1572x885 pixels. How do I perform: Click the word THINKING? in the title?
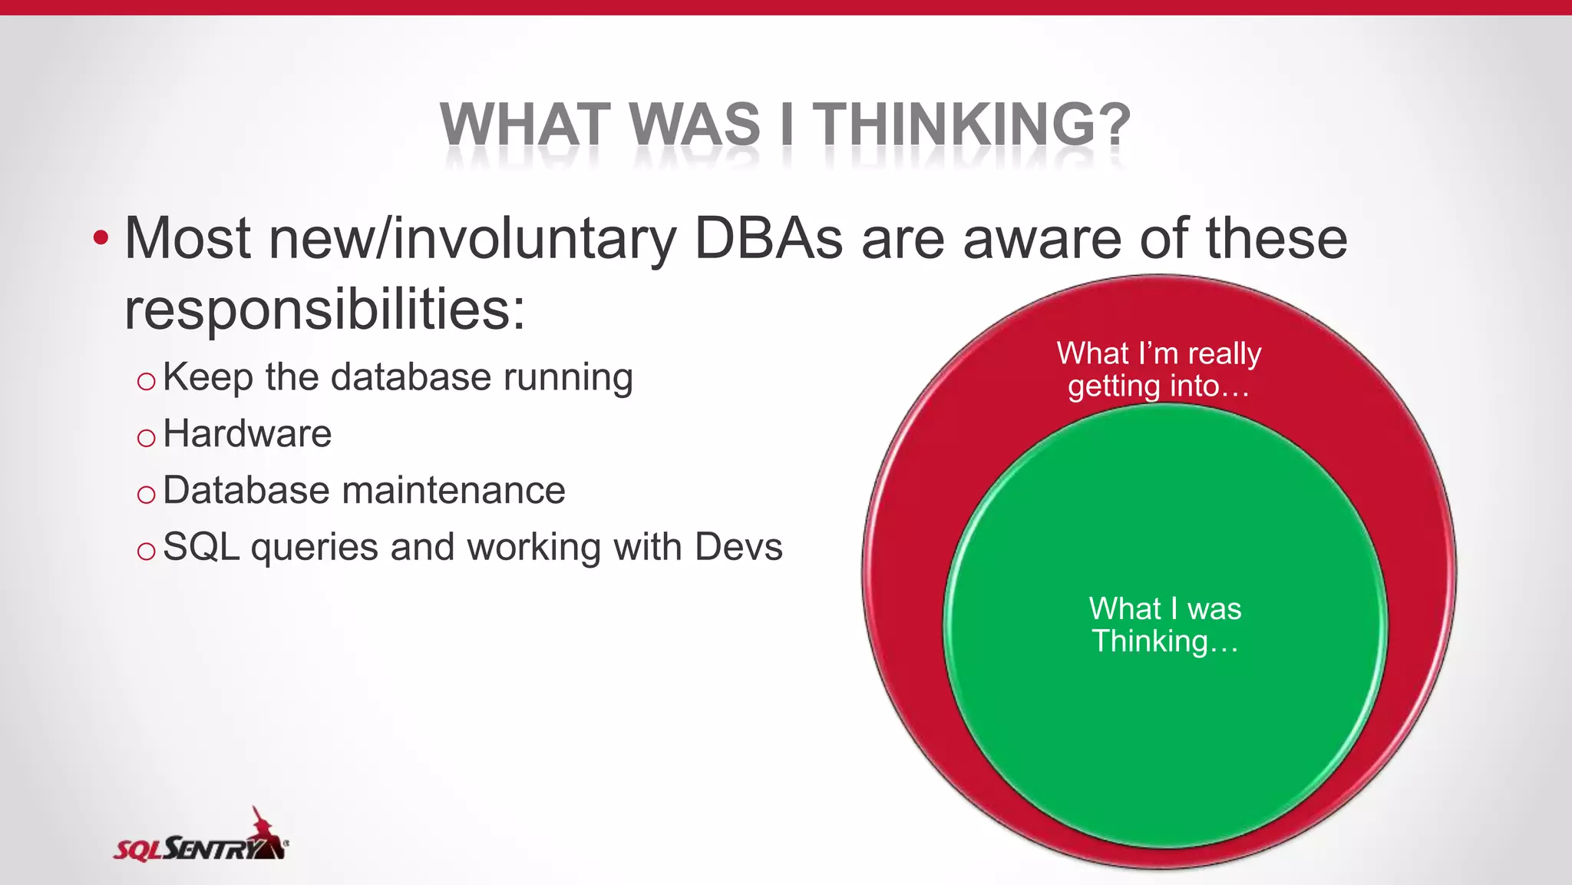point(971,124)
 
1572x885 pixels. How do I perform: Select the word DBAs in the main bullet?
point(768,238)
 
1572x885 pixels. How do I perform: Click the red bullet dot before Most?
point(101,238)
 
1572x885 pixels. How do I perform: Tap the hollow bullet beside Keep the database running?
point(146,381)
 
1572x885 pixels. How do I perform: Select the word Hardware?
point(247,434)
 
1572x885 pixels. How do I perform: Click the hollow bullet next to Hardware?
point(146,438)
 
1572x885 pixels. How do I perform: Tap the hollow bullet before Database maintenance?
point(146,495)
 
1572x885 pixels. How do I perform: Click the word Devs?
point(738,547)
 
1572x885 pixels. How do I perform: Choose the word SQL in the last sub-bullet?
point(201,547)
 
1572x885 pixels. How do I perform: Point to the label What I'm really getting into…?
point(1159,370)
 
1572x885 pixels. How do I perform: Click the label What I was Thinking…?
point(1164,625)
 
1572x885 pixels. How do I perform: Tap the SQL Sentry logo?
point(201,838)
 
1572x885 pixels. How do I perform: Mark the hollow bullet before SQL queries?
point(146,551)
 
